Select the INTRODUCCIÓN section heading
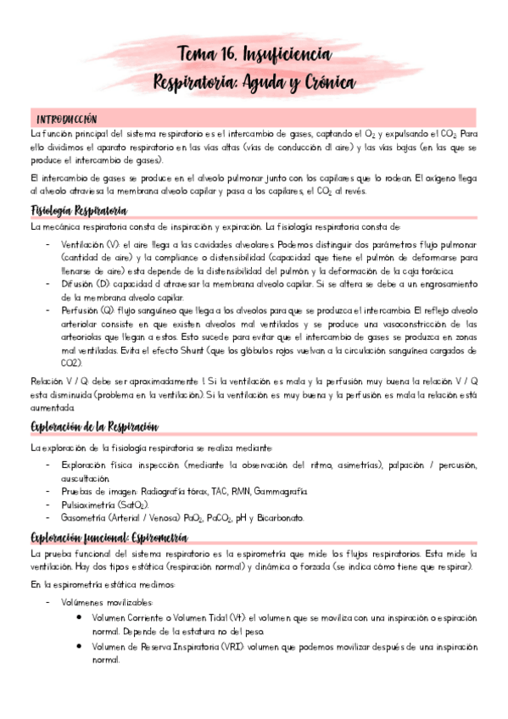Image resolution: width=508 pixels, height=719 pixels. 66,119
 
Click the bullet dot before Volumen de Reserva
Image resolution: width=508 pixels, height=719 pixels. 79,647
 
